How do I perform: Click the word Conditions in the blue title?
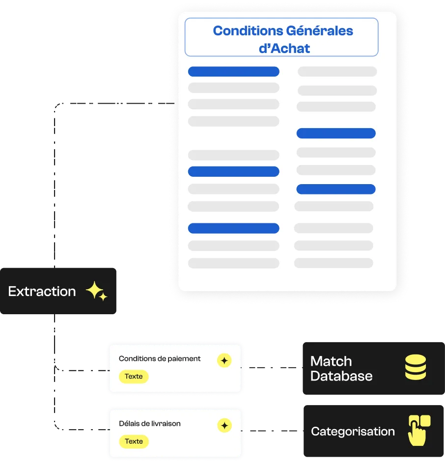coord(248,31)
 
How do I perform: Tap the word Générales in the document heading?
coord(320,31)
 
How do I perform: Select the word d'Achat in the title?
coord(284,49)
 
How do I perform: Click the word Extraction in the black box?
coord(42,292)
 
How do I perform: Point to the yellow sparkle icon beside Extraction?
coord(97,291)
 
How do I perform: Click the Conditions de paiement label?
coord(160,358)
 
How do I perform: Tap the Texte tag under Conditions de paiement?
coord(134,377)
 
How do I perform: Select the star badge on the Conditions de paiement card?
coord(224,360)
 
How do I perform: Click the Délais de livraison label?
coord(149,423)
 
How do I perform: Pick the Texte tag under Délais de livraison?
coord(134,441)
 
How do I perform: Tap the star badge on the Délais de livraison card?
coord(224,426)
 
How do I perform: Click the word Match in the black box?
coord(331,361)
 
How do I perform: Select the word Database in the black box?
coord(341,376)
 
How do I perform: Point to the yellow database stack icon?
coord(416,367)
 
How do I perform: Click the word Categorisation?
coord(353,432)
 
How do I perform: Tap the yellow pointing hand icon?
coord(418,431)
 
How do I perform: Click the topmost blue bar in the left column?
coord(234,72)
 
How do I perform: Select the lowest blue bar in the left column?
coord(234,228)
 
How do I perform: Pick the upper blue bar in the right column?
coord(336,133)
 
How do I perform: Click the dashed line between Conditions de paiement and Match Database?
coord(272,368)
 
